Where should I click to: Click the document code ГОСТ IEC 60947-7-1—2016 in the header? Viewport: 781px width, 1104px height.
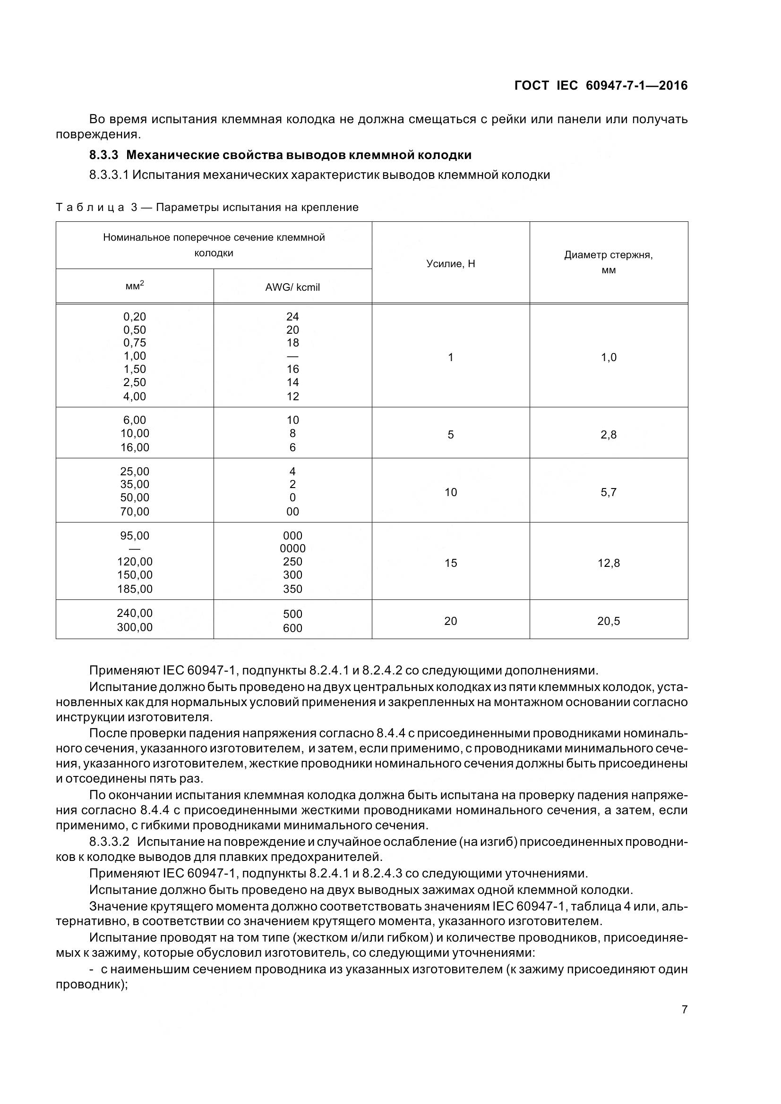[601, 85]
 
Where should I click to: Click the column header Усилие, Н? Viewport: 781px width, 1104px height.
[450, 263]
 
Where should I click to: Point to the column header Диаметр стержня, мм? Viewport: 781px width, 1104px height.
[608, 262]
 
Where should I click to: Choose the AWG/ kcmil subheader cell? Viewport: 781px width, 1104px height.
[292, 287]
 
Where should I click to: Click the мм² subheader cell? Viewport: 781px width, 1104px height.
[134, 286]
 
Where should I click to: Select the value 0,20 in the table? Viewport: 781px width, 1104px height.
[134, 316]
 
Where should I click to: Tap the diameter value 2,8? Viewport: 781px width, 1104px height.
[608, 435]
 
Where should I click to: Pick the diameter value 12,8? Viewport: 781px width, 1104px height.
[608, 563]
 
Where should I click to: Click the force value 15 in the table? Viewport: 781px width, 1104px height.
[450, 563]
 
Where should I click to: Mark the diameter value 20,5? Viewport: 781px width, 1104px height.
[608, 621]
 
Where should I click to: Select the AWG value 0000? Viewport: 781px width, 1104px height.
[292, 548]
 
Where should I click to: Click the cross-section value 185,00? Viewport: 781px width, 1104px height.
[134, 589]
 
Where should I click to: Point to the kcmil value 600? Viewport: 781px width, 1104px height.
[292, 628]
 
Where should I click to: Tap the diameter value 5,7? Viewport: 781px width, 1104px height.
[608, 492]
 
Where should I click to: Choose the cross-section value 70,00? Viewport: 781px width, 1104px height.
[134, 511]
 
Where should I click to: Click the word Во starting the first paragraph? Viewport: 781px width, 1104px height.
[98, 119]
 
